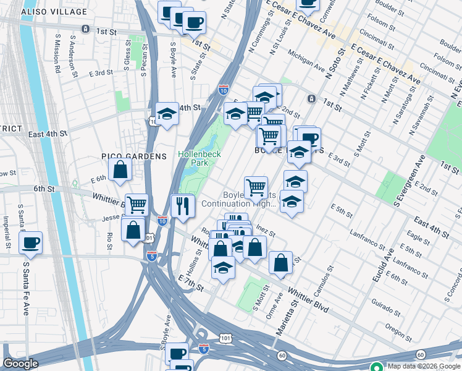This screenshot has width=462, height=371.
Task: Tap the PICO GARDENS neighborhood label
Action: tap(134, 156)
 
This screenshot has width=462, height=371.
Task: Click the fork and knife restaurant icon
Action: tap(183, 205)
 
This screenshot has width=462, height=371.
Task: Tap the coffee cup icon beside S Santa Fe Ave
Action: tap(30, 242)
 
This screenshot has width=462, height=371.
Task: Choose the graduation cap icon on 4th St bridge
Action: tap(167, 114)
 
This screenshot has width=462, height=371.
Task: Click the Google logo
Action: tap(20, 364)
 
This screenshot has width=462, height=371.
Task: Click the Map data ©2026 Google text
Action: tap(423, 366)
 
